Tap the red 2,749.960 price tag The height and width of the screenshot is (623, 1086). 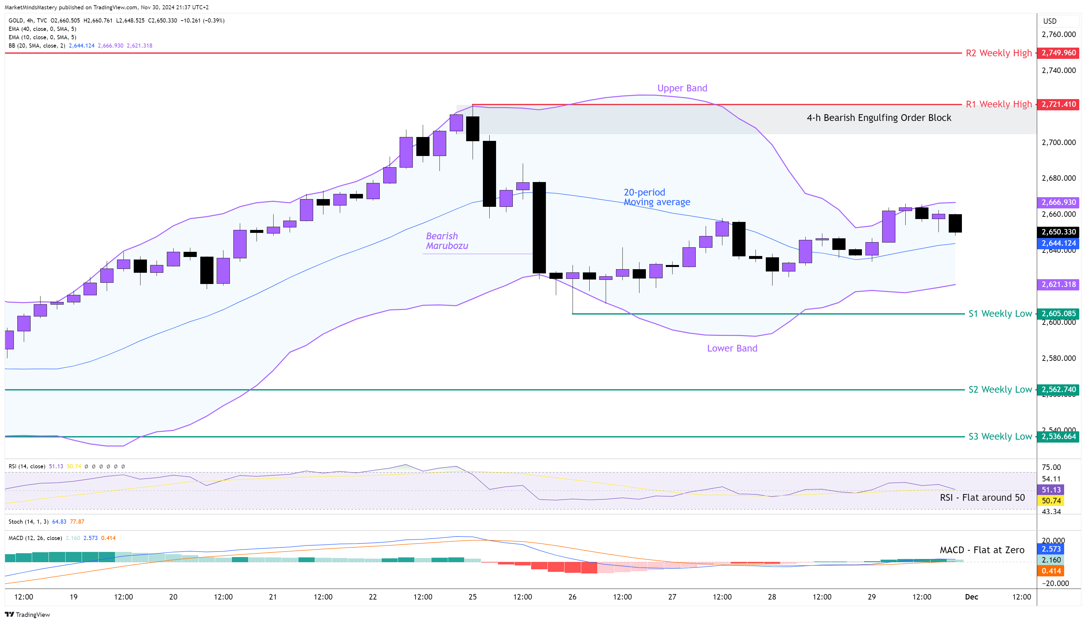(x=1058, y=53)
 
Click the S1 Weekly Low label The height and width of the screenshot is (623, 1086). (x=1000, y=314)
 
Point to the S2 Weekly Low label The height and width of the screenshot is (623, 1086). (x=1000, y=389)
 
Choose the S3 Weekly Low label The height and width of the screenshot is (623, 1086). (x=1000, y=436)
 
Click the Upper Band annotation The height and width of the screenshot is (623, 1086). (x=682, y=88)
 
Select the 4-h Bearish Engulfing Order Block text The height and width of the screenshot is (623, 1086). (x=879, y=118)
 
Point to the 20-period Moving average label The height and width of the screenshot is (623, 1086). (x=656, y=197)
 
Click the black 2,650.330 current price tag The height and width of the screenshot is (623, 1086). (x=1058, y=232)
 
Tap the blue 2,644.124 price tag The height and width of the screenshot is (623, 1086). (x=1058, y=243)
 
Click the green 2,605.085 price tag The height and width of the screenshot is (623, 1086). (x=1058, y=314)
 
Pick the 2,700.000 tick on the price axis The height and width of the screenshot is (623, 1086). (x=1058, y=142)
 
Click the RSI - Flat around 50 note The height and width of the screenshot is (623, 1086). (x=982, y=498)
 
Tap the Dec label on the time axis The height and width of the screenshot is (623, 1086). (x=972, y=597)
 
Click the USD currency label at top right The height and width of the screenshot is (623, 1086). (x=1050, y=21)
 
